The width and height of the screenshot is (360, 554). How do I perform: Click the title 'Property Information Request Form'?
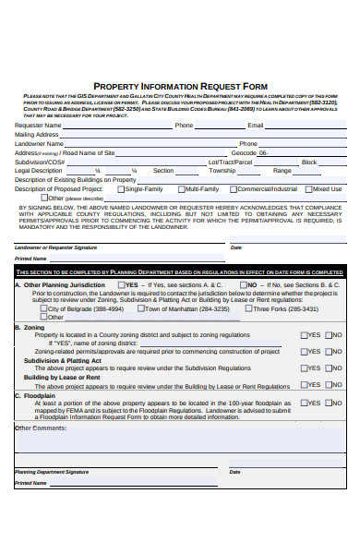[180, 86]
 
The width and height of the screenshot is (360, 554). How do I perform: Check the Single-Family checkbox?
[120, 188]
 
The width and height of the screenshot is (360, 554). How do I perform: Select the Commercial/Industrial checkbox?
[234, 188]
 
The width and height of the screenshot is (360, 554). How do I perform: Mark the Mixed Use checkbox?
[308, 188]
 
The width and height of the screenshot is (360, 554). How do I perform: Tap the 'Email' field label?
[256, 125]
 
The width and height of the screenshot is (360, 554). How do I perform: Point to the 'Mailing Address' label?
[37, 134]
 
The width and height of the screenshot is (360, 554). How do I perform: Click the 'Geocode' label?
[244, 152]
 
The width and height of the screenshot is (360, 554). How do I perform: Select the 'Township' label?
[222, 171]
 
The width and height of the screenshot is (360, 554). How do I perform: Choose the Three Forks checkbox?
[247, 309]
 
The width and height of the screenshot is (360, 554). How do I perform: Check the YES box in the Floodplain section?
[306, 403]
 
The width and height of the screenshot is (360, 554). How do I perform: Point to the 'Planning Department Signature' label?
[52, 472]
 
